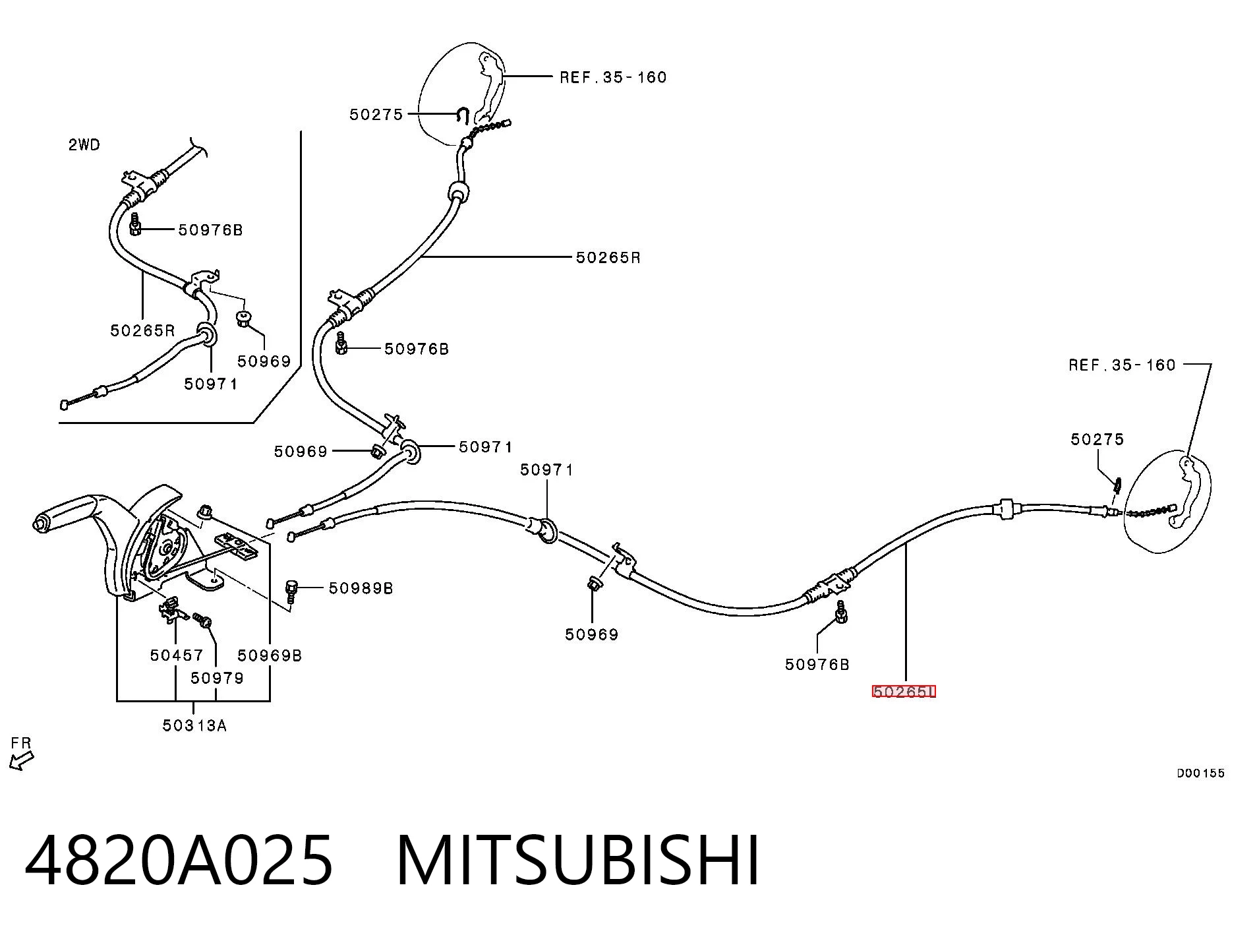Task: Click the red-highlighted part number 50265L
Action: pyautogui.click(x=904, y=691)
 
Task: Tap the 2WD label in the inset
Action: pyautogui.click(x=84, y=144)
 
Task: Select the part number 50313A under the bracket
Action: pyautogui.click(x=194, y=725)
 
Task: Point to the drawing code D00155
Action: pyautogui.click(x=1201, y=773)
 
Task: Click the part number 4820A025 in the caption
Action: pyautogui.click(x=179, y=860)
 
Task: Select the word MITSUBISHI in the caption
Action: pyautogui.click(x=578, y=860)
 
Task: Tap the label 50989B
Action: pyautogui.click(x=361, y=588)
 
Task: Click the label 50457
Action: pyautogui.click(x=177, y=655)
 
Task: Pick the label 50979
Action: pyautogui.click(x=217, y=678)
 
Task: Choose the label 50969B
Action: pyautogui.click(x=270, y=655)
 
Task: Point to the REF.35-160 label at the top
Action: pyautogui.click(x=613, y=77)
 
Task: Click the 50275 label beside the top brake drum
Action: pyautogui.click(x=376, y=115)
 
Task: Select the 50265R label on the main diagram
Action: pyautogui.click(x=608, y=257)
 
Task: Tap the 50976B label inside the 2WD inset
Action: pyautogui.click(x=210, y=229)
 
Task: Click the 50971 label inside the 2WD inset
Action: pyautogui.click(x=210, y=383)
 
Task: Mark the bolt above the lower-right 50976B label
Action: pyautogui.click(x=841, y=612)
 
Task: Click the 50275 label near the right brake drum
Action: pyautogui.click(x=1097, y=439)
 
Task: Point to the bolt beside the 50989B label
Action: pyautogui.click(x=292, y=591)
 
